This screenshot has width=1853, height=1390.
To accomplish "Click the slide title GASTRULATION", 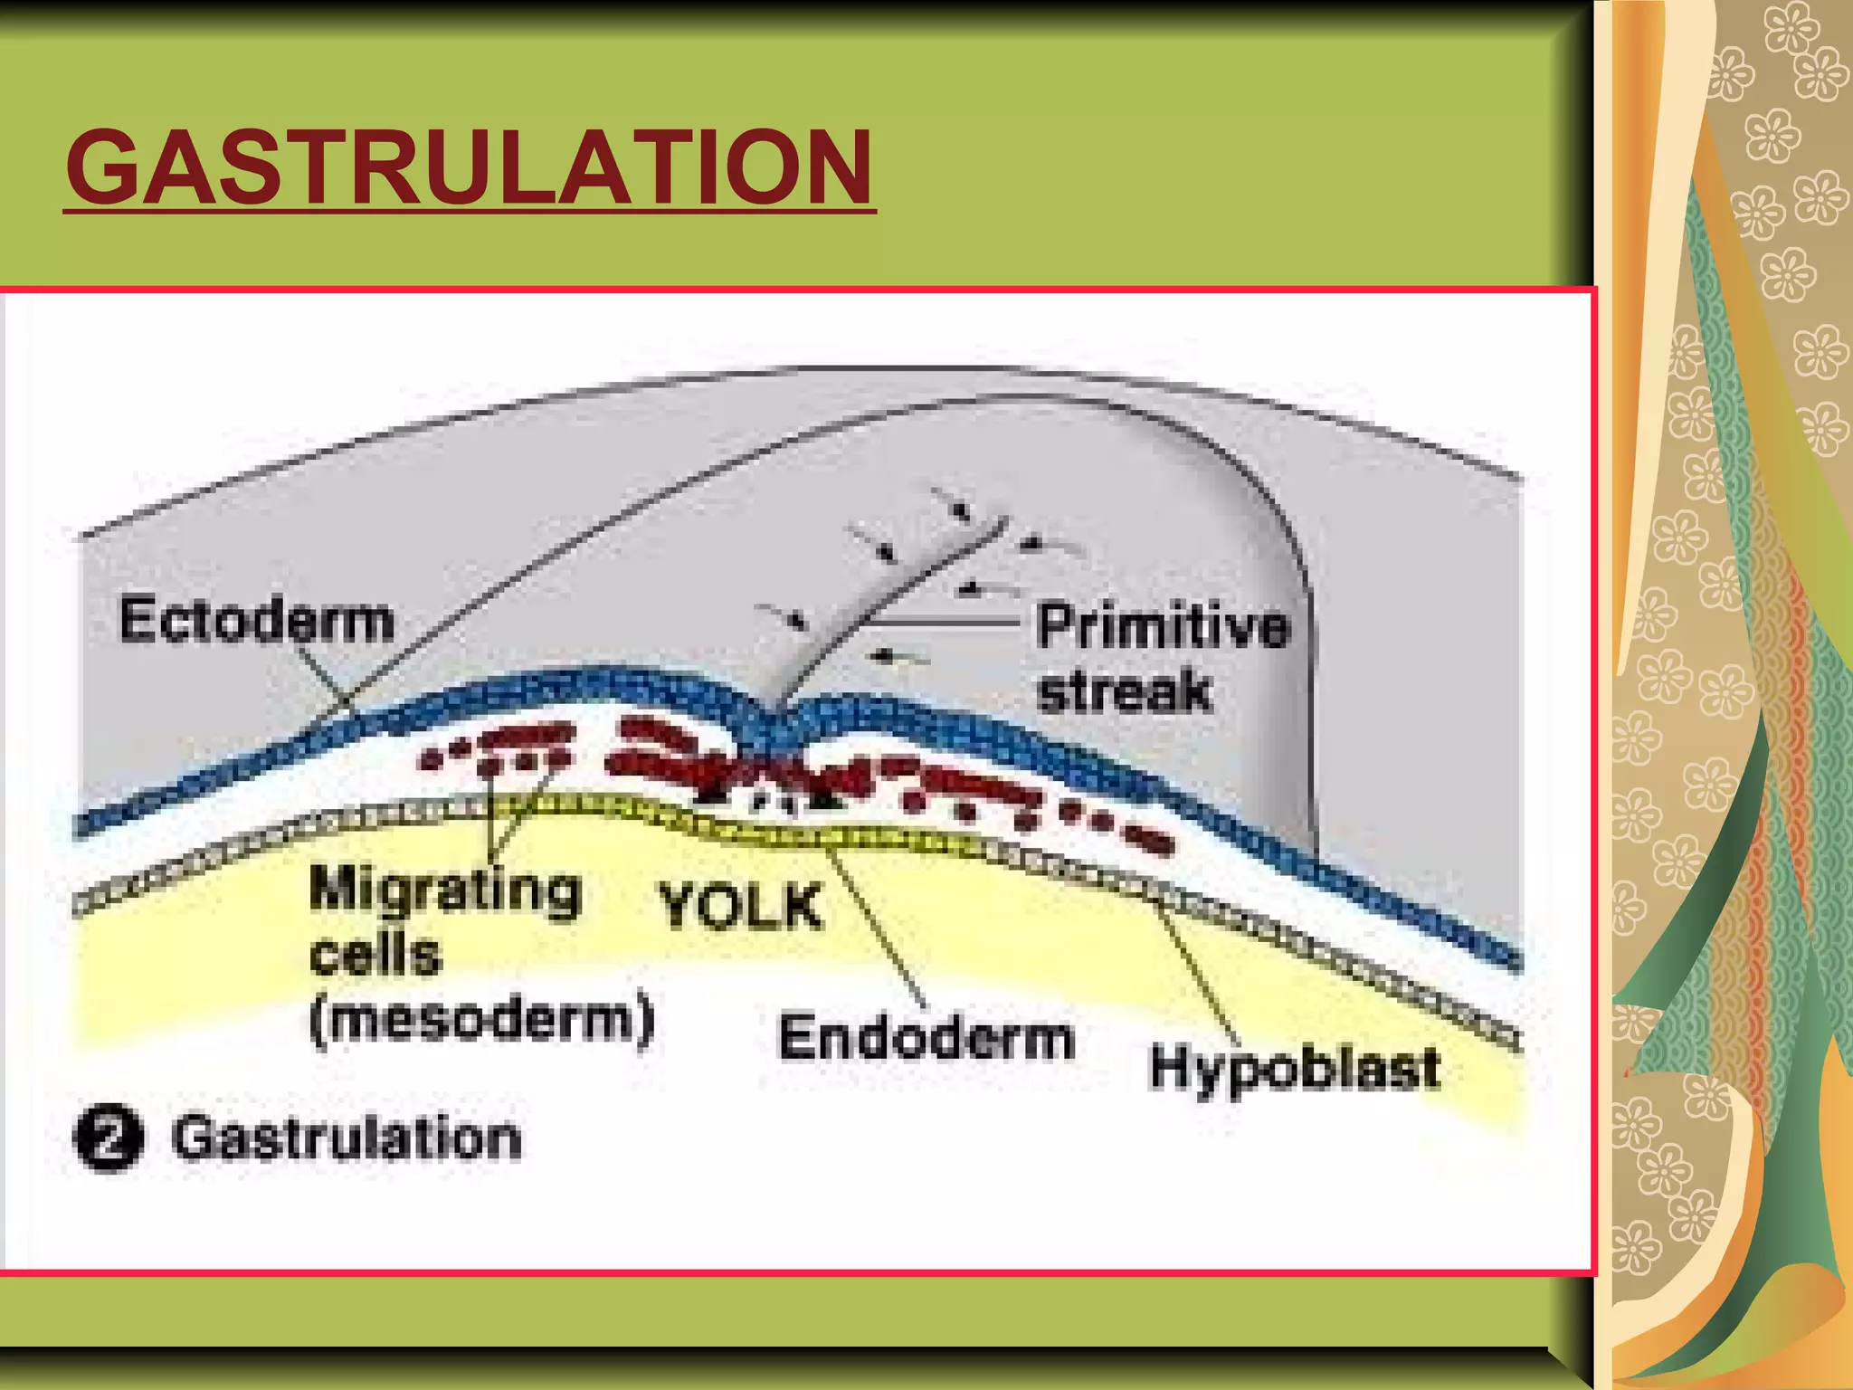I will pos(469,168).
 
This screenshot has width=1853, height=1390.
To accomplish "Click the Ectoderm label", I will pos(257,621).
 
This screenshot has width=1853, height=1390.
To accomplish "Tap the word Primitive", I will pos(1163,626).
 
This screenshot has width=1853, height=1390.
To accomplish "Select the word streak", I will pos(1124,692).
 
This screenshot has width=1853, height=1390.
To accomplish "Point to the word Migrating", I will pos(445,890).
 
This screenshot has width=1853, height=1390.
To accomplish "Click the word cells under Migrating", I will pos(375,955).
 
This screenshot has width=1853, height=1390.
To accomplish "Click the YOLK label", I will pos(740,907).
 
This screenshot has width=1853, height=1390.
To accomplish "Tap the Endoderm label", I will pos(926,1037).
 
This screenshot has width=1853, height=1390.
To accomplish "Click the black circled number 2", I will pos(109,1138).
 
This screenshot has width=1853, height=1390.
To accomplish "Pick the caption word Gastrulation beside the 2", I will pos(347,1138).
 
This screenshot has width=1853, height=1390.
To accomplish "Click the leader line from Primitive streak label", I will pos(941,623).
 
